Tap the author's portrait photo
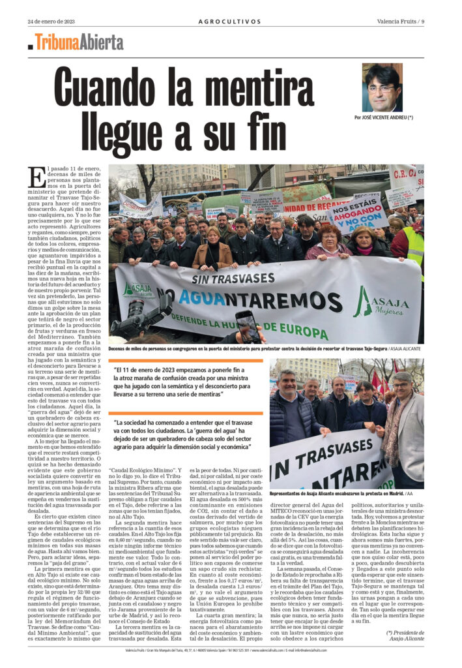(383, 87)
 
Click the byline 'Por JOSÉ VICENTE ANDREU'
(384, 117)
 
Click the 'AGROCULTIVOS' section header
(230, 21)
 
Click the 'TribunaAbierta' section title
(79, 42)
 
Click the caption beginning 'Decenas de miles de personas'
(261, 349)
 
